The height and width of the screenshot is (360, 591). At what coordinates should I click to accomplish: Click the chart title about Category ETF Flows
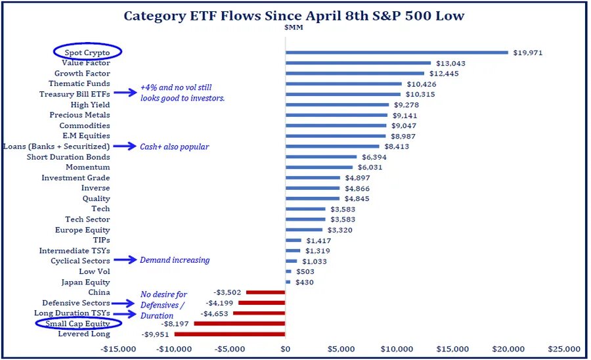point(294,16)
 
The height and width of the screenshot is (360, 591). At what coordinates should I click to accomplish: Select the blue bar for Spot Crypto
point(397,53)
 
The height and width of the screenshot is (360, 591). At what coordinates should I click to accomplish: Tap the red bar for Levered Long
point(230,334)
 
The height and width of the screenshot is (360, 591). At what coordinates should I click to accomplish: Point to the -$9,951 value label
point(156,334)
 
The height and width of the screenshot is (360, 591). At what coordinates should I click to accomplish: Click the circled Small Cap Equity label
point(78,324)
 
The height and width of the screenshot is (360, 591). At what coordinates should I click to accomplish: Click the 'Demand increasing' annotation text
point(175,260)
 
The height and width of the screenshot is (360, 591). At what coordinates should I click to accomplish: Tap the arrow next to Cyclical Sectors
point(124,261)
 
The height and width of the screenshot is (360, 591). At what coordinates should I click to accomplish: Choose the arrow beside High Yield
point(124,105)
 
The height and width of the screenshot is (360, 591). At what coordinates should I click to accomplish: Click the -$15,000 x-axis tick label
point(118,348)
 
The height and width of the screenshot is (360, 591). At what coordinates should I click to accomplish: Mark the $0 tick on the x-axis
point(285,348)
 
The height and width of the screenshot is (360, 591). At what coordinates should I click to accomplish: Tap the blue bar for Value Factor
point(358,63)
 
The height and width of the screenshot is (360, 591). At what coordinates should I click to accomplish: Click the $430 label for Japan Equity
point(304,282)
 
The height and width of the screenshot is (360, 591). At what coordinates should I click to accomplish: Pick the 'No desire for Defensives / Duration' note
point(164,305)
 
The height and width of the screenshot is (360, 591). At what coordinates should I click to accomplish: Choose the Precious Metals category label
point(79,115)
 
